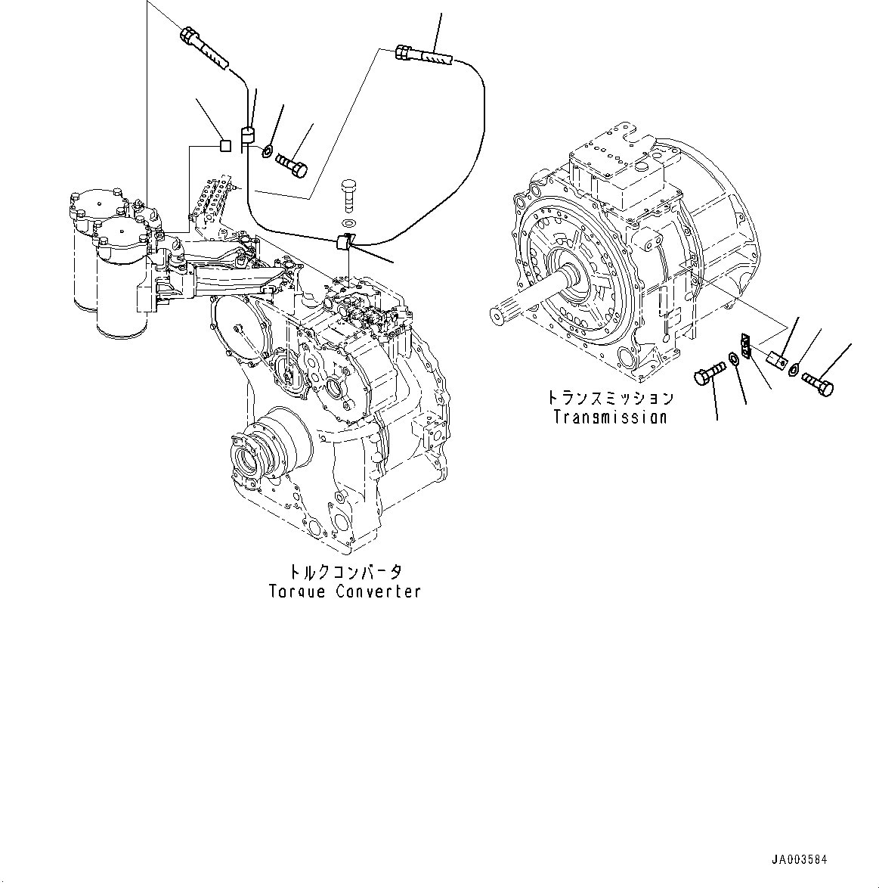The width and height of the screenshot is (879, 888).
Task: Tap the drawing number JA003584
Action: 800,860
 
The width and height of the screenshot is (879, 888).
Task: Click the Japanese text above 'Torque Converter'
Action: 344,571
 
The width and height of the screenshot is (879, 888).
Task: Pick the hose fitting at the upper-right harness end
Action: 423,54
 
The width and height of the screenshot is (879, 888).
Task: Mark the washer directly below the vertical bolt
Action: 348,222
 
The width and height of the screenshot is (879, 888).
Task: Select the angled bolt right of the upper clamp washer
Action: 293,164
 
